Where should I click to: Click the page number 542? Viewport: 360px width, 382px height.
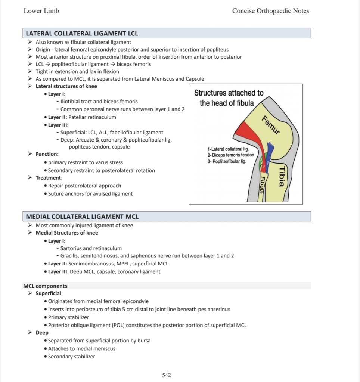coord(167,375)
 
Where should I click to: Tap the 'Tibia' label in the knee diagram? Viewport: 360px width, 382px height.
coord(282,176)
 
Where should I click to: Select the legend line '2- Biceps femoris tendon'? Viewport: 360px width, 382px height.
coord(230,155)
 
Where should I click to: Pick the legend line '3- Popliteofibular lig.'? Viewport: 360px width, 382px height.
coord(227,161)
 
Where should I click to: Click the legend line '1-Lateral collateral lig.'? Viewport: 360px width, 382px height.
coord(228,149)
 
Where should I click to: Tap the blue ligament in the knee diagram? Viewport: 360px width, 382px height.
coord(270,153)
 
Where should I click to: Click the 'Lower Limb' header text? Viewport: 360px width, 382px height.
coord(41,11)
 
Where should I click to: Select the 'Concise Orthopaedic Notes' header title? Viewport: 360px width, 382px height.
coord(270,11)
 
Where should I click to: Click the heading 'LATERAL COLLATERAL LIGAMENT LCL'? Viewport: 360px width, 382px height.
coord(82,34)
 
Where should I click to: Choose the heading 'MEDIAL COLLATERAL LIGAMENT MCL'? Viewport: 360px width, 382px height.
coord(82,217)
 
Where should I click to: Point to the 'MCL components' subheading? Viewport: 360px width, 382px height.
coord(45,286)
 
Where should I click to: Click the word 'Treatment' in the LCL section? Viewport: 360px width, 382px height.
coord(49,178)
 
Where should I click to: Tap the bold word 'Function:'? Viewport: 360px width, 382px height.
coord(47,154)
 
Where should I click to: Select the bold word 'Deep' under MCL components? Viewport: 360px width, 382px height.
coord(42,332)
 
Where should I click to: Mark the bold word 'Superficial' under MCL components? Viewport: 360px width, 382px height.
coord(48,293)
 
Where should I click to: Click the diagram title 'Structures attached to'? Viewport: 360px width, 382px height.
coord(229,93)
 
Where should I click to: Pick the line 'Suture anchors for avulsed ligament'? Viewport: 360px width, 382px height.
coord(90,193)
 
